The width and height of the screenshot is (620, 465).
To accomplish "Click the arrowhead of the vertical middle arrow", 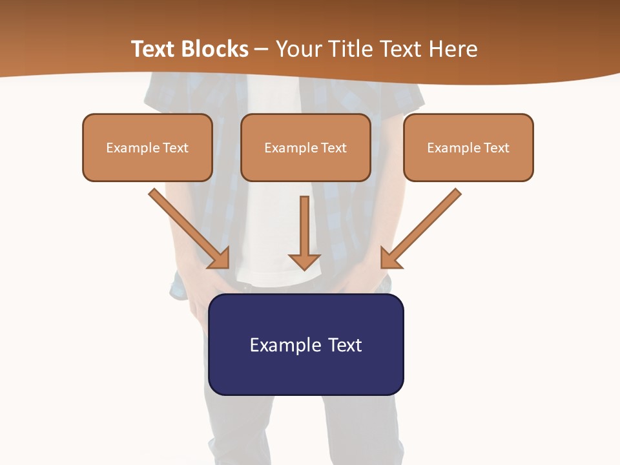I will (x=304, y=261).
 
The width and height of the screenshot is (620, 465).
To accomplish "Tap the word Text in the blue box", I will (x=345, y=345).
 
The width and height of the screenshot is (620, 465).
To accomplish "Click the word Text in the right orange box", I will (x=497, y=148).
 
